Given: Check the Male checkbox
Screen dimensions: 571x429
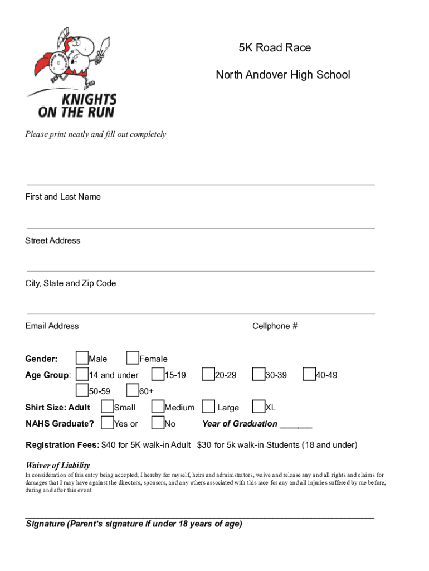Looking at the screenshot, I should [82, 357].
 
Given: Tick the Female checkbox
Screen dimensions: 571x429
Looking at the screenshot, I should [133, 357].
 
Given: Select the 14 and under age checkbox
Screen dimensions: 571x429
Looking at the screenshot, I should [82, 374].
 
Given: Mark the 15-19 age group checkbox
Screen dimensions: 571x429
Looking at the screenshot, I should [158, 374].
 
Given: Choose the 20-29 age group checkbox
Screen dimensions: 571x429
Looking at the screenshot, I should [208, 374].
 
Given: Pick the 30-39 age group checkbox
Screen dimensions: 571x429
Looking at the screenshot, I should [259, 374].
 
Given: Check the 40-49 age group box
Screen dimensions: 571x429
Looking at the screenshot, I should [309, 374].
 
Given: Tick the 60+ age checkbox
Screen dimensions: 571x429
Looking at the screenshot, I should [133, 390].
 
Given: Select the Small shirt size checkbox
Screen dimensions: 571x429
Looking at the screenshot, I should [108, 407].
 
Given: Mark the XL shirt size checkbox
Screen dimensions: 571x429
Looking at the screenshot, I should [259, 407].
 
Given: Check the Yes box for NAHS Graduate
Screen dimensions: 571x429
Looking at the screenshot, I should [108, 423].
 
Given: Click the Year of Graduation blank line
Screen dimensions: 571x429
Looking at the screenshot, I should [296, 427].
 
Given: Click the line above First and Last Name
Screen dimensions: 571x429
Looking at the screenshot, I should [201, 185].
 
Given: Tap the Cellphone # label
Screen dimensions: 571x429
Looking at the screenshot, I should [275, 326].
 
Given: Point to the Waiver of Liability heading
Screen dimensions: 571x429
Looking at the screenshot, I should [58, 466].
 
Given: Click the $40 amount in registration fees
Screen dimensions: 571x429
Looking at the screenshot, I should [108, 445].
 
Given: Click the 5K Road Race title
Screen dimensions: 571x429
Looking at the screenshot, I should [275, 48].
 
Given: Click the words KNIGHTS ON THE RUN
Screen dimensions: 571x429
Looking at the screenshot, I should [77, 106].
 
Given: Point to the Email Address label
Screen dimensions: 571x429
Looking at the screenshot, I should [52, 326].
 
